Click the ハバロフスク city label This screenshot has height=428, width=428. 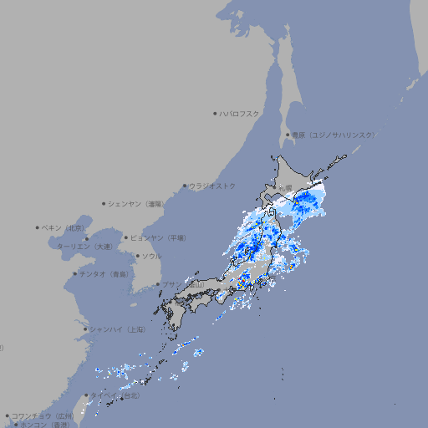240,113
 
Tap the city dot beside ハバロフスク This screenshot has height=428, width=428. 216,113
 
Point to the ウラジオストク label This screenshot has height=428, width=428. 213,186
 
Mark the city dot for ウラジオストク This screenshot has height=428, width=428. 185,186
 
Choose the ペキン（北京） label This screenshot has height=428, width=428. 64,227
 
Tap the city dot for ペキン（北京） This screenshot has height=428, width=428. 38,227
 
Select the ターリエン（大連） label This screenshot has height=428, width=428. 84,247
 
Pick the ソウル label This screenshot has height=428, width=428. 151,256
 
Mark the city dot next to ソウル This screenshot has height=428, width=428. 136,256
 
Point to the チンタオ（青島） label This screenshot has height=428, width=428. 104,273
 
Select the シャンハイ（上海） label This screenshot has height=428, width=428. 117,329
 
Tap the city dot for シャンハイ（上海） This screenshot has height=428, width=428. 85,329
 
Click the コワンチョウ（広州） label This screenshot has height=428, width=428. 42,415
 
